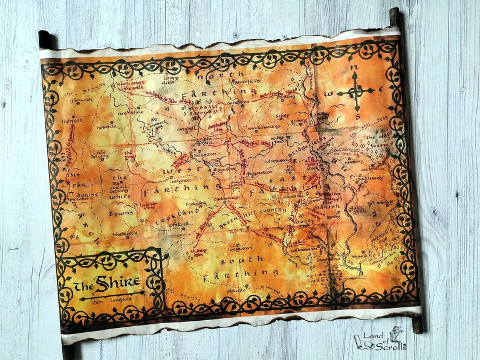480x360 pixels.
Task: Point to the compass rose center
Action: pyautogui.click(x=357, y=92)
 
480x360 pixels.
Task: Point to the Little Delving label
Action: pyautogui.click(x=100, y=155)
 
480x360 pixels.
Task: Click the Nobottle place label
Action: pyautogui.click(x=106, y=126)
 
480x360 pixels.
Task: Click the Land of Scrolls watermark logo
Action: pyautogui.click(x=381, y=339)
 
